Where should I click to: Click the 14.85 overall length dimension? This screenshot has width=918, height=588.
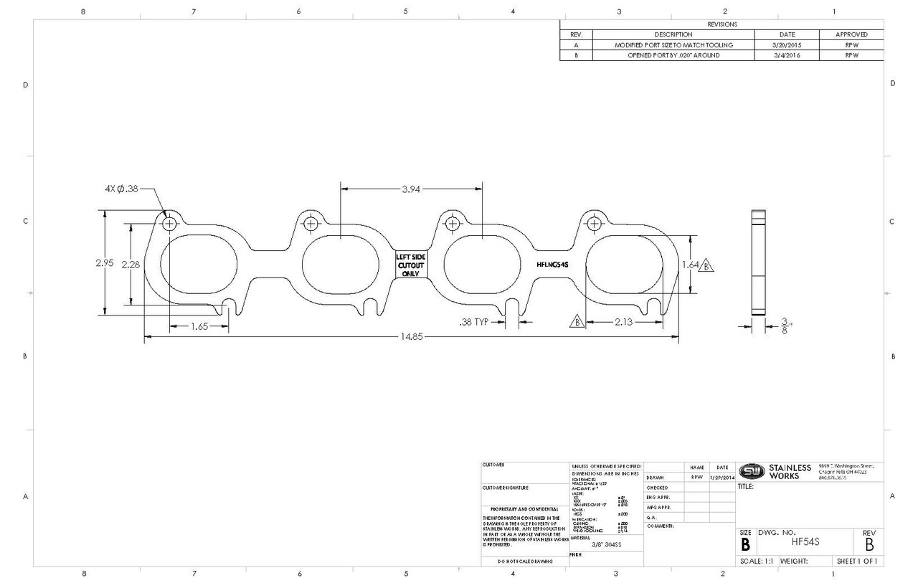tap(412, 338)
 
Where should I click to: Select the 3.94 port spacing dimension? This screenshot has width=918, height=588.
tap(412, 189)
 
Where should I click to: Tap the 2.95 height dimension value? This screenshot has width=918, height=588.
tap(105, 263)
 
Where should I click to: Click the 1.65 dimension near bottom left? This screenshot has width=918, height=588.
tap(199, 327)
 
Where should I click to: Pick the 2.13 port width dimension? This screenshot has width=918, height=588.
tap(623, 322)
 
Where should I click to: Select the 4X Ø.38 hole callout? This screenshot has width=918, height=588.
tap(119, 189)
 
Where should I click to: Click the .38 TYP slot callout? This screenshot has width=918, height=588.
tap(474, 322)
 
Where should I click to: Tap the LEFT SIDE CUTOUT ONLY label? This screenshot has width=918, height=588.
tap(411, 264)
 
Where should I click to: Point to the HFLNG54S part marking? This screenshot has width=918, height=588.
tap(552, 264)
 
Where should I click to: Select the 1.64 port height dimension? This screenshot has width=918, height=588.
tap(690, 265)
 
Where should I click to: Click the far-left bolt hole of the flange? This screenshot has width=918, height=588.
tap(170, 224)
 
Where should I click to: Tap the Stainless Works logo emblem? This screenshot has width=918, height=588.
tap(752, 470)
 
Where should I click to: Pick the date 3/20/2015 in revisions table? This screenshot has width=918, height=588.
tap(787, 45)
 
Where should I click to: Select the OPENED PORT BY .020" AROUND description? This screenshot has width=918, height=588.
tap(673, 55)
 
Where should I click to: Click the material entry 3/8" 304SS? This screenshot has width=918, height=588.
tap(606, 544)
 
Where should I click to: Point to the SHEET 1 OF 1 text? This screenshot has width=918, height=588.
tap(857, 561)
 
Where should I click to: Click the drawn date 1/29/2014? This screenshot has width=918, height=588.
tap(722, 477)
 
